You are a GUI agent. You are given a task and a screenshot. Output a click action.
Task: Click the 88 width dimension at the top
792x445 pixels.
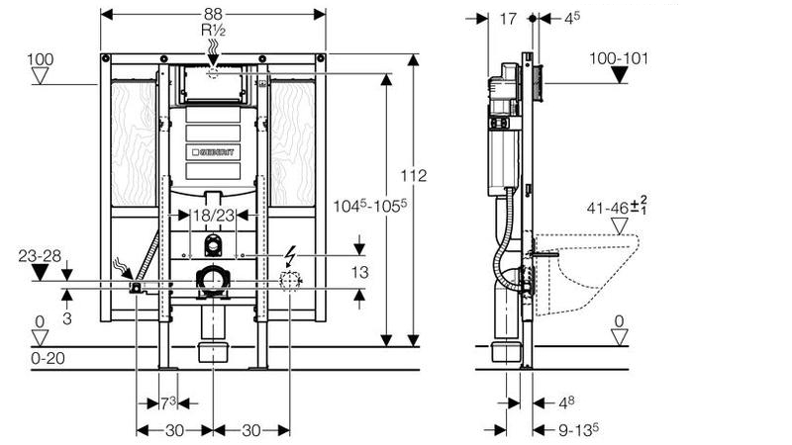pos(213,14)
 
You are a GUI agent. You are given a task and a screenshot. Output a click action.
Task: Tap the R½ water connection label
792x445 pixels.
pos(213,30)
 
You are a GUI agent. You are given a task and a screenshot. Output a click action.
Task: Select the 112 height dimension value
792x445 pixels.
pos(414,176)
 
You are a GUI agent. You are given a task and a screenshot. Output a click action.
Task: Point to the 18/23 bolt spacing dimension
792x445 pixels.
pos(214,216)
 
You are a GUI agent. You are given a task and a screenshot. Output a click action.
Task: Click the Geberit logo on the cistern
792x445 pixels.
pos(213,152)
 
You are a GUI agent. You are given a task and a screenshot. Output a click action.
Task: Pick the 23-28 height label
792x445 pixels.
pos(40,256)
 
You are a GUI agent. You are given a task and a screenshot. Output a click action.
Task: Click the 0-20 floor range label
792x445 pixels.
pos(48,358)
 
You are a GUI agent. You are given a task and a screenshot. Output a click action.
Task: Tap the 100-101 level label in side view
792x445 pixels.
pos(619,58)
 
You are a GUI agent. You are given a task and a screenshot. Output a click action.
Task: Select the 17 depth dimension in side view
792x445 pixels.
pos(508,19)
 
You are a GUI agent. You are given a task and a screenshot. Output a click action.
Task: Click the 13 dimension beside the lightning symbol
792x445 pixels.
pos(359,273)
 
